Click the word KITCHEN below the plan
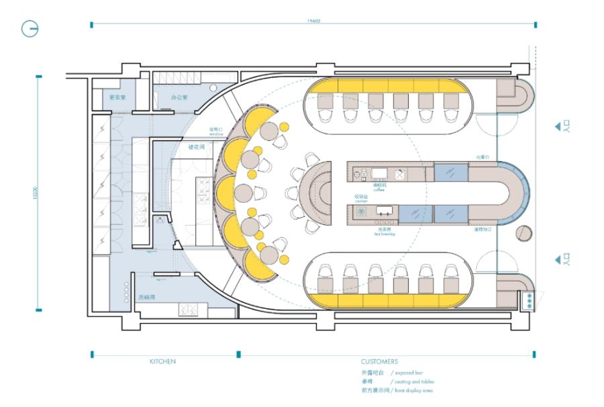(x=162, y=361)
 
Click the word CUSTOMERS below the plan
(x=379, y=361)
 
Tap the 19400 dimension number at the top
(x=313, y=21)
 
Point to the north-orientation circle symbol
(x=30, y=30)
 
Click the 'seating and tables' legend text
(x=413, y=381)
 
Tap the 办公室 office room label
(x=179, y=98)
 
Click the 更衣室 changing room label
(x=118, y=98)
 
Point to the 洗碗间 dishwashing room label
(x=147, y=296)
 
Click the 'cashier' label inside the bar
(x=361, y=201)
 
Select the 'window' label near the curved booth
(x=215, y=134)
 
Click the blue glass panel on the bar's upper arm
(x=450, y=172)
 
